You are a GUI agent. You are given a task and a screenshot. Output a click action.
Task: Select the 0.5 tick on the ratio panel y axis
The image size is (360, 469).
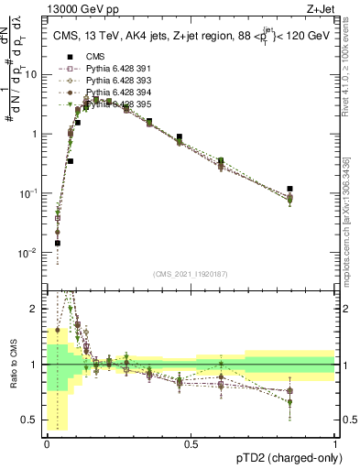pos(33,420)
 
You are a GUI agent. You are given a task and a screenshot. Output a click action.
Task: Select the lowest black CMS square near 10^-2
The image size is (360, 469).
pos(57,244)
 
